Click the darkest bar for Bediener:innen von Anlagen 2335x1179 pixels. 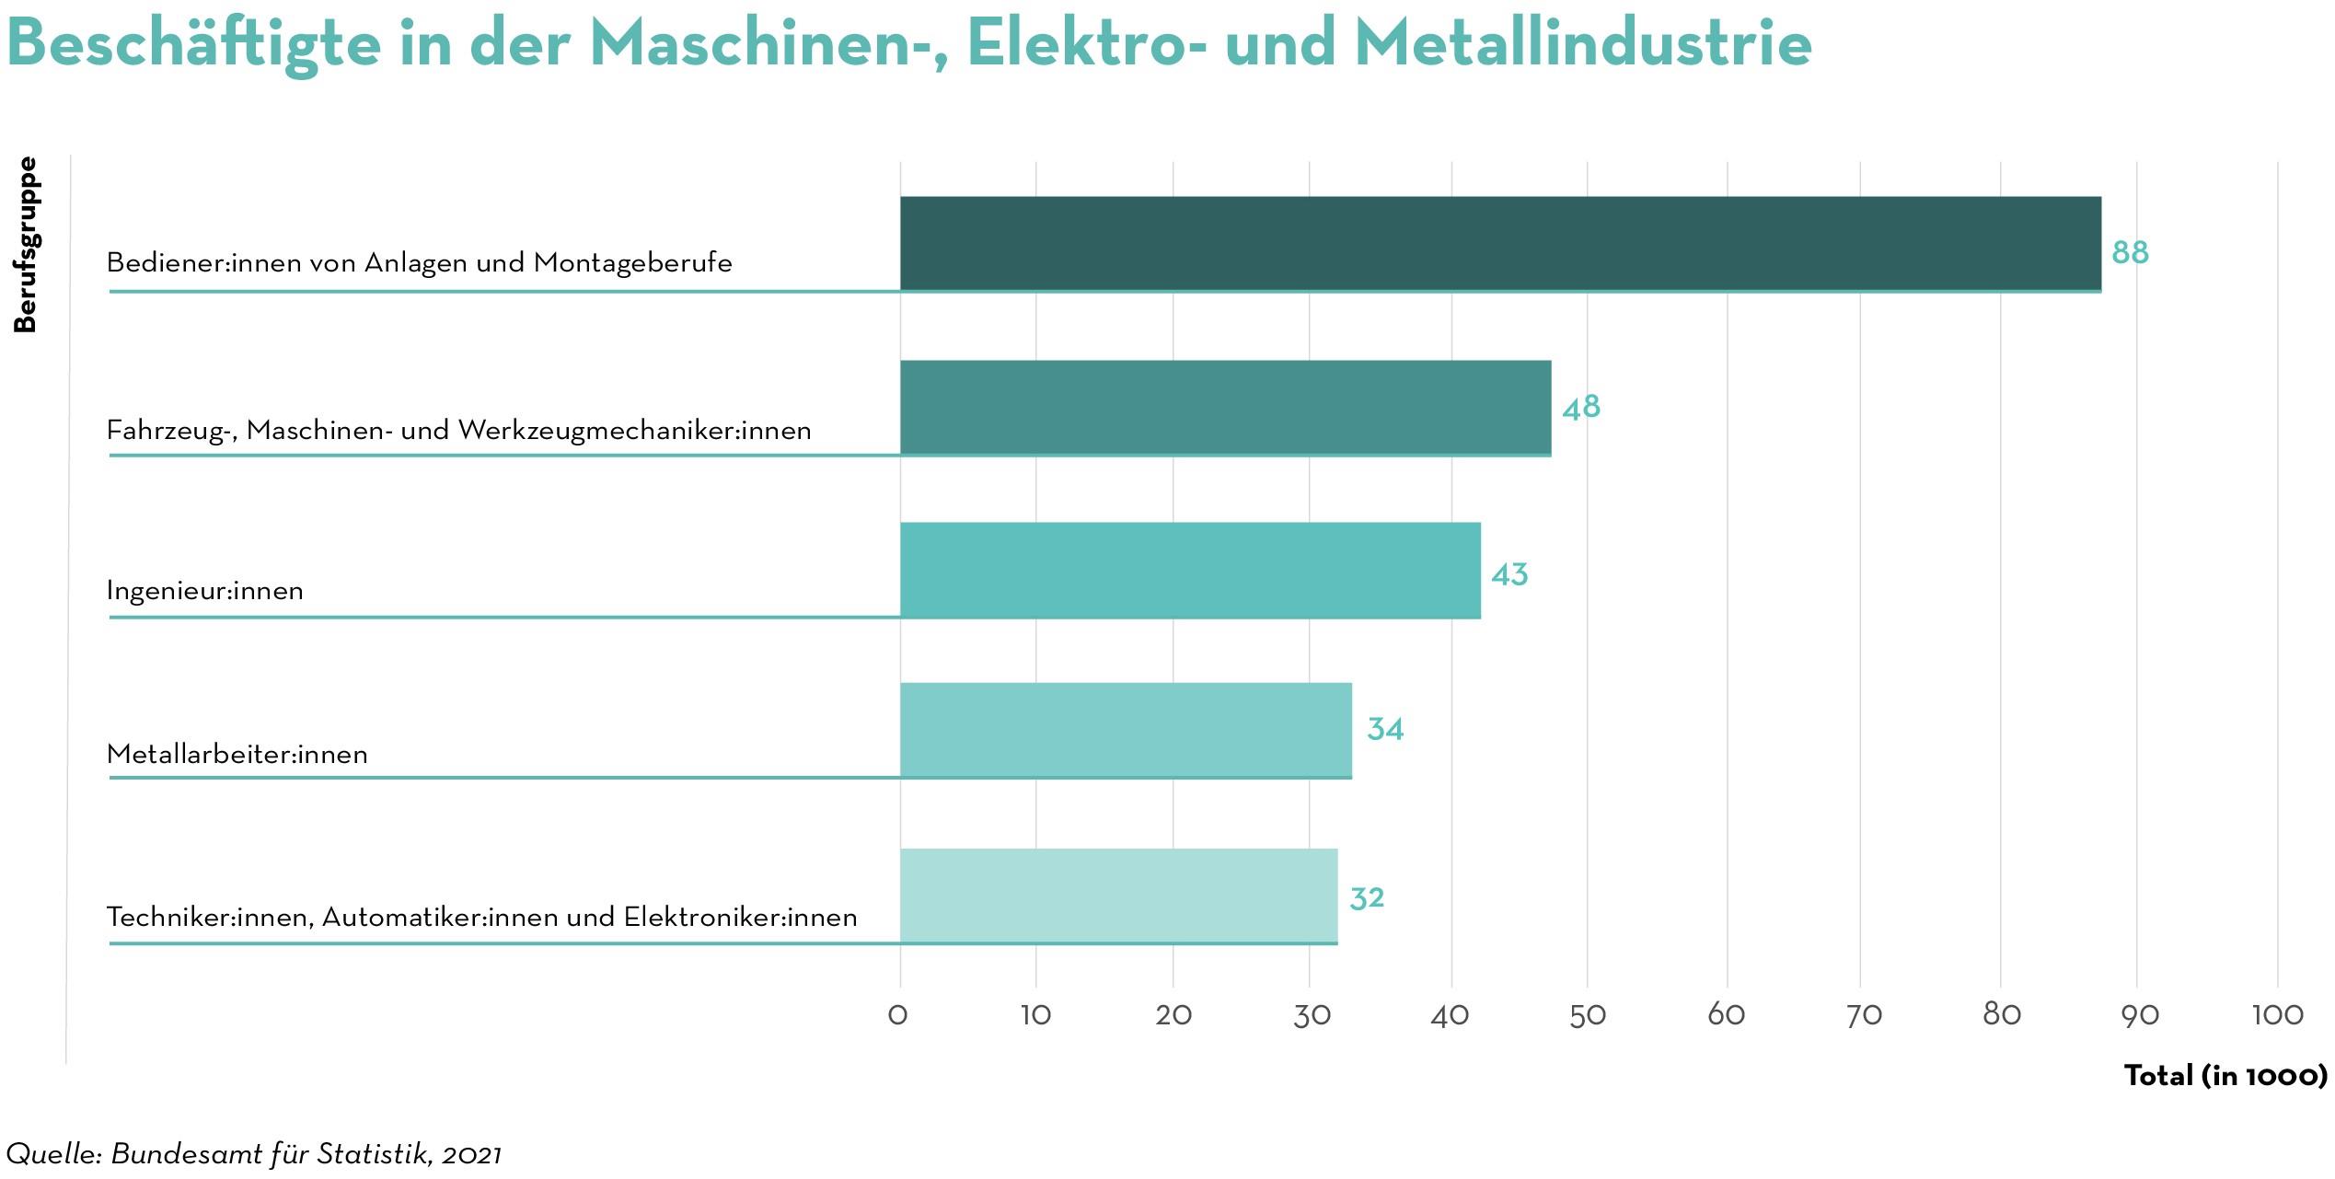tap(1500, 244)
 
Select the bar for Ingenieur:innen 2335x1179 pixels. tap(1190, 570)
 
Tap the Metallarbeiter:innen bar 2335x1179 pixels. tap(1126, 730)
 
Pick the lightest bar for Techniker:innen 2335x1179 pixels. tap(1118, 896)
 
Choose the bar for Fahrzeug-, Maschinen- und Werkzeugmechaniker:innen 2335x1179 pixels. tap(1225, 408)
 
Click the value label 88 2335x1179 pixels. tap(2130, 252)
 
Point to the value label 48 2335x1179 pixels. tap(1581, 407)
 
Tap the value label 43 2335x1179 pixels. tap(1509, 574)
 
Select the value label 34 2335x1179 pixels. tap(1385, 729)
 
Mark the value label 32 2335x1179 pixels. tap(1367, 897)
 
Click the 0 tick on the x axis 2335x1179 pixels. tap(897, 1015)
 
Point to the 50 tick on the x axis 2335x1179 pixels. tap(1588, 1015)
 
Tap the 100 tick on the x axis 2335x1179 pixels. tap(2277, 1015)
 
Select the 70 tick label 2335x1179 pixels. tap(1864, 1015)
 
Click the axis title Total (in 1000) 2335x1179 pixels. tap(2225, 1075)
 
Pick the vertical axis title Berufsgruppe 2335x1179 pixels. tap(25, 245)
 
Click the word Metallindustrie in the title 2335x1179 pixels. tap(1583, 43)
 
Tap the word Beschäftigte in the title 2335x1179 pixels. tap(193, 43)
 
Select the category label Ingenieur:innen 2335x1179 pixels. tap(205, 590)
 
